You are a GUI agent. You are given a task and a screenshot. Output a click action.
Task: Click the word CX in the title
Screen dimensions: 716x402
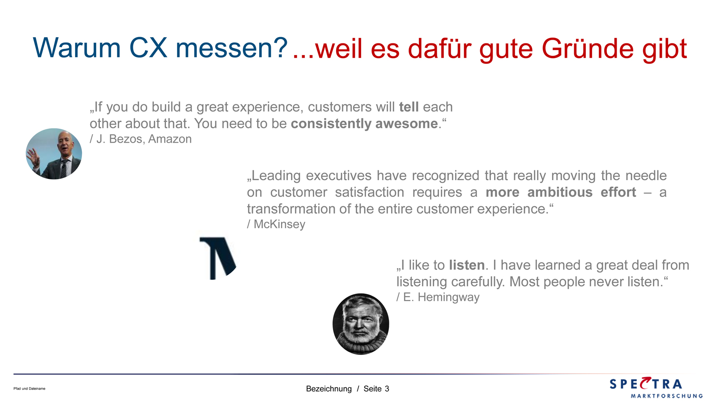point(148,48)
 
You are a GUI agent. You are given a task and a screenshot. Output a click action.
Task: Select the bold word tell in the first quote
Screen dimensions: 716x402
point(409,107)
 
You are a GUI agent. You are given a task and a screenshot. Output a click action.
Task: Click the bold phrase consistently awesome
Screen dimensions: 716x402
point(364,123)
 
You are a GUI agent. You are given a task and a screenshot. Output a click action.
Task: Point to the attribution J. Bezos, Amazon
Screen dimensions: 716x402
point(141,139)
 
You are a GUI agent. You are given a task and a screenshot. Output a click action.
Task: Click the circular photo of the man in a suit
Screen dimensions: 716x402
point(54,154)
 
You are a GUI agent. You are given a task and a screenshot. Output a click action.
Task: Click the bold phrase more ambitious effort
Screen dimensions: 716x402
point(561,192)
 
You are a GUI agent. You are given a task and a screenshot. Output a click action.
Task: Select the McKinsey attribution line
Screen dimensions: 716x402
point(276,224)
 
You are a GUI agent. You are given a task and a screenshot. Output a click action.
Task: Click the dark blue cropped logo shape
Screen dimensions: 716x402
point(217,258)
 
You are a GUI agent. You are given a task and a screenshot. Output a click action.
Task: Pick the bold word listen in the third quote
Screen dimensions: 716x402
point(467,265)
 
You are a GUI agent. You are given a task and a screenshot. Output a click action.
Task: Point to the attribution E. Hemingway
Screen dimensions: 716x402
point(438,297)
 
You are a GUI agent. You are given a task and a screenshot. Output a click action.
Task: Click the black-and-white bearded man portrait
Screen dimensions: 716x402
point(361,324)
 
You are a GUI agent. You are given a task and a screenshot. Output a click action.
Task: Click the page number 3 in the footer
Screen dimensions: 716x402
point(387,389)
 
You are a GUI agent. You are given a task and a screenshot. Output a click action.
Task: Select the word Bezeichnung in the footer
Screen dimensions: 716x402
point(328,389)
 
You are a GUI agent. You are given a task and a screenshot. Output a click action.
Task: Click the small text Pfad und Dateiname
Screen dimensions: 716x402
point(30,389)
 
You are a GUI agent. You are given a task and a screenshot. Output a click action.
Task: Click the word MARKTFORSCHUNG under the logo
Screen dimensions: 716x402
point(666,396)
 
